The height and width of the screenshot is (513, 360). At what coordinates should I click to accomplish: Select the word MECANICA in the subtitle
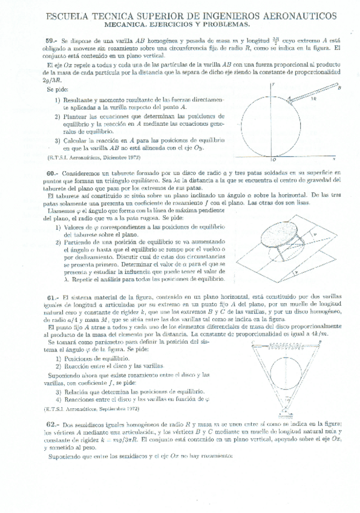[125, 25]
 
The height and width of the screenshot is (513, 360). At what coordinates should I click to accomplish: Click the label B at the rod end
[340, 88]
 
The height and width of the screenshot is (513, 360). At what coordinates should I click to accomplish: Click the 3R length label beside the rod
[313, 99]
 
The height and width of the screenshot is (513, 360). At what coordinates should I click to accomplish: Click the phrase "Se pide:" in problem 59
[57, 89]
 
